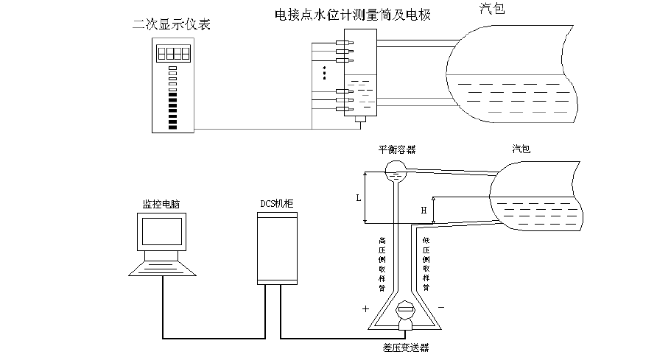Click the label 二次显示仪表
point(171,25)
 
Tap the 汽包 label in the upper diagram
point(491,10)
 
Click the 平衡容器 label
point(397,149)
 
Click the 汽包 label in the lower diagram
point(521,149)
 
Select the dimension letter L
point(358,198)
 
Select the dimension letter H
point(423,211)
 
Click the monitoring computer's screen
point(163,233)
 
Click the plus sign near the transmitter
point(365,309)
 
